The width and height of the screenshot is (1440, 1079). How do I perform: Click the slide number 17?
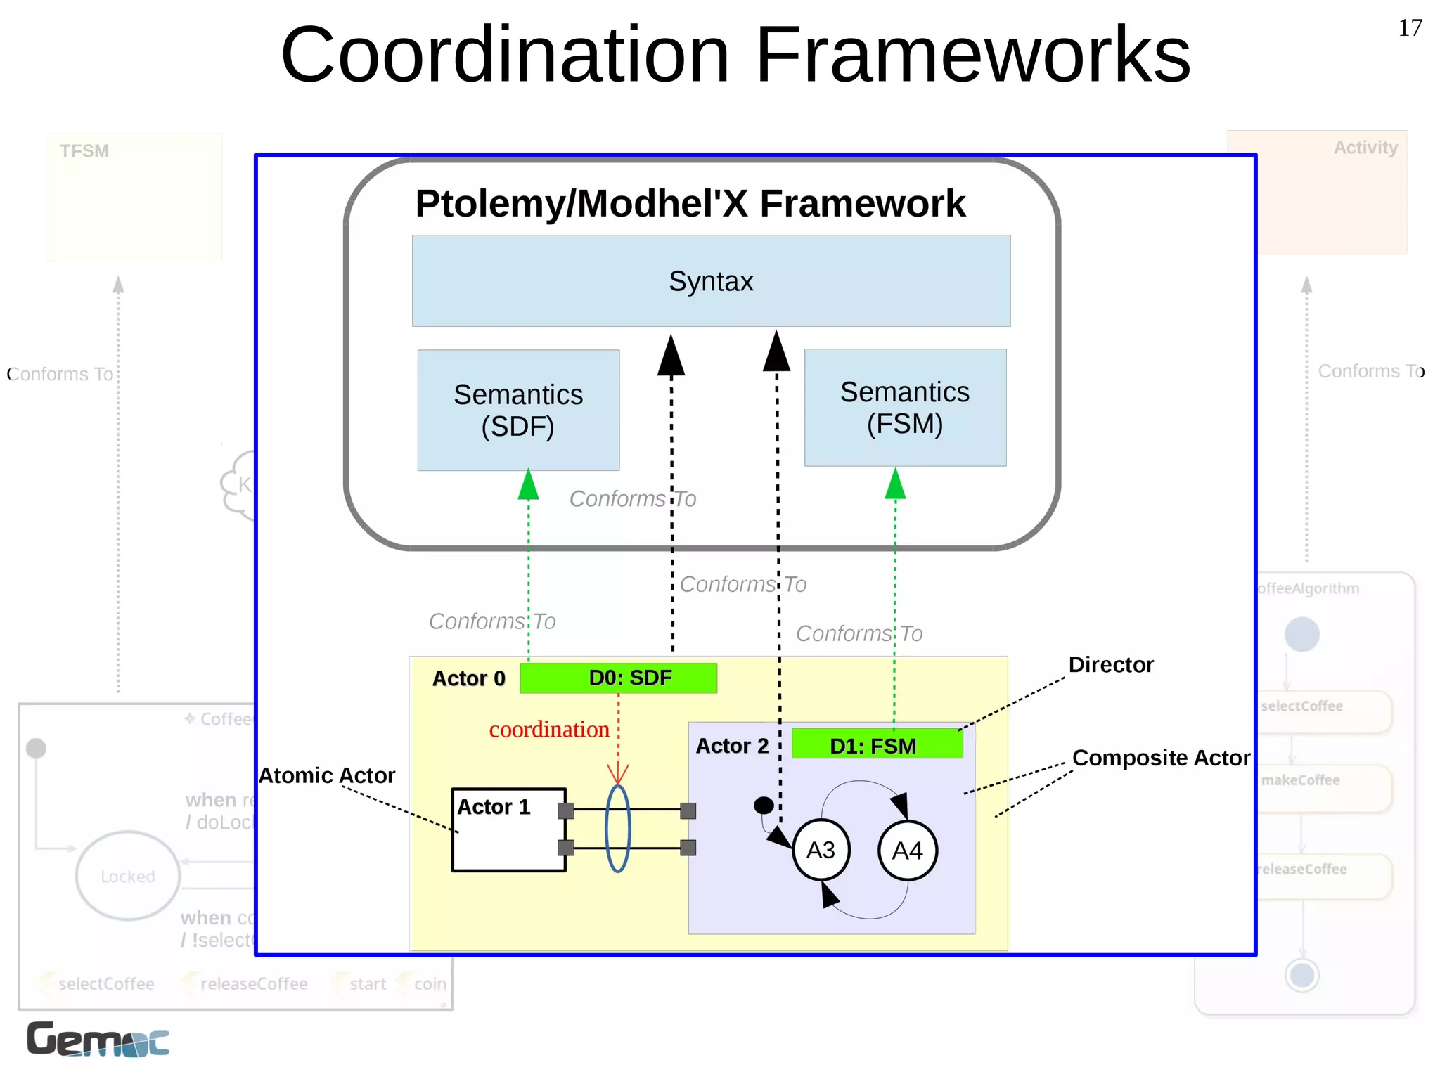(1410, 28)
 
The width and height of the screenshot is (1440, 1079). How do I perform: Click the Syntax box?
(711, 281)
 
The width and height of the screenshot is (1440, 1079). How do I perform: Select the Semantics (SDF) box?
(518, 411)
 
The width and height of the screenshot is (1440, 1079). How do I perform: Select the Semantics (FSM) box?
(905, 408)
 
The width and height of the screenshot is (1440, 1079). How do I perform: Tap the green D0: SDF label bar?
(619, 678)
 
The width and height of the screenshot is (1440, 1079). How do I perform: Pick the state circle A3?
(821, 850)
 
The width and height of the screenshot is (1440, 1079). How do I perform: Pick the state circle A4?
(907, 851)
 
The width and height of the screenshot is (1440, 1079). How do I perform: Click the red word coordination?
(549, 730)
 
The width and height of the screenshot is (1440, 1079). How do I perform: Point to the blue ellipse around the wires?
(618, 829)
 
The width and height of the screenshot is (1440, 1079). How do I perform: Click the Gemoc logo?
(98, 1040)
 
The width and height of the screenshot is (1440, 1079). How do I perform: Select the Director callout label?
(1111, 665)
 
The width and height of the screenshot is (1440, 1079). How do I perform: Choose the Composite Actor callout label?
(1161, 758)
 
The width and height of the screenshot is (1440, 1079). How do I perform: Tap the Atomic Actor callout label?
(327, 775)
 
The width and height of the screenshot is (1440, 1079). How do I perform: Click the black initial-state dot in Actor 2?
(764, 805)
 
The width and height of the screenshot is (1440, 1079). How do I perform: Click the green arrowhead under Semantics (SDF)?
(529, 485)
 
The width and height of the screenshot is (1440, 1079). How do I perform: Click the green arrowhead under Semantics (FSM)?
(895, 484)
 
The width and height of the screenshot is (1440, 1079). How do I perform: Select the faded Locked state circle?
(128, 876)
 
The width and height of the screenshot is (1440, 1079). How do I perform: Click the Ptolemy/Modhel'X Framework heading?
(690, 204)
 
